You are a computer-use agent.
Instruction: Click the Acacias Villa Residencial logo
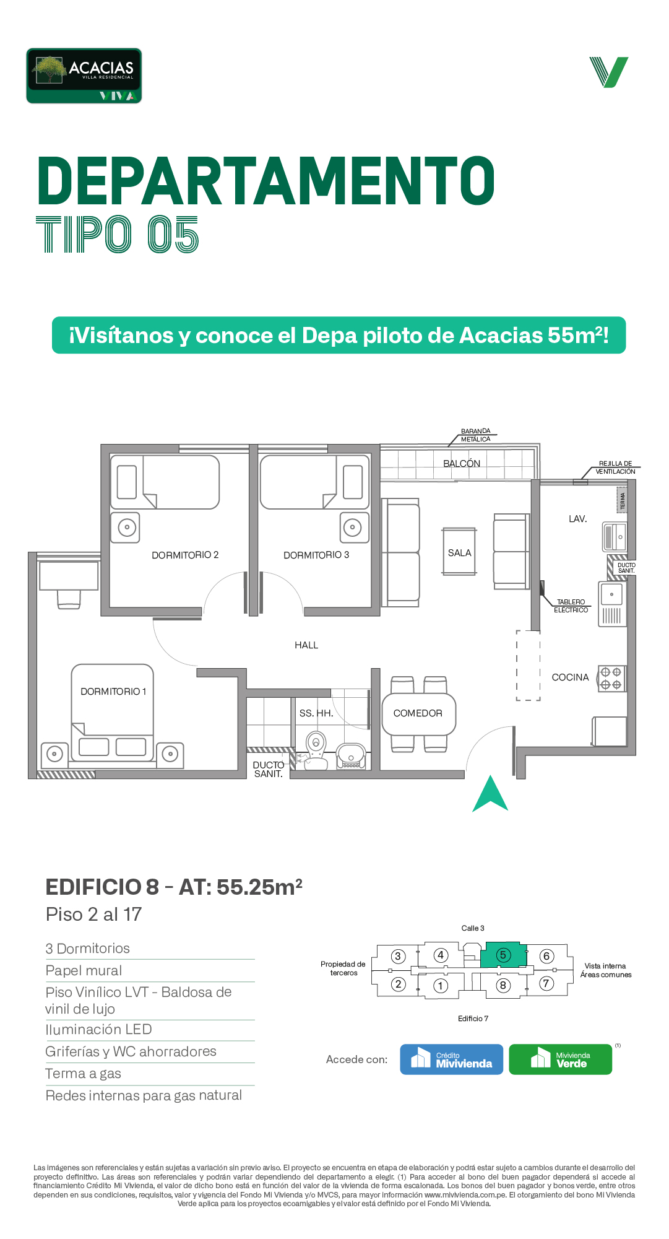84,76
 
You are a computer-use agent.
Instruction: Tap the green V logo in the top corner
609,72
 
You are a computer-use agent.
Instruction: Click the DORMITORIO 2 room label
185,555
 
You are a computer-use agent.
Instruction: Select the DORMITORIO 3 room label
316,555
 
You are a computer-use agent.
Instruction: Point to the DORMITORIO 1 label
113,691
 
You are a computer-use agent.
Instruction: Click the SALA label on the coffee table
459,552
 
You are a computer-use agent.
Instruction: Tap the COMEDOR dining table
418,714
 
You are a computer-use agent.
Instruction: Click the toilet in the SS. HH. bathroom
316,749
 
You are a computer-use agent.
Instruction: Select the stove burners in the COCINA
611,678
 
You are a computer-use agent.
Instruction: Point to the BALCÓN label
462,463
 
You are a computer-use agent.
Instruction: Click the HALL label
306,645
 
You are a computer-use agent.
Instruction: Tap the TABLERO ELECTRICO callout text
571,606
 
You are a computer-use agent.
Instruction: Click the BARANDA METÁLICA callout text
475,435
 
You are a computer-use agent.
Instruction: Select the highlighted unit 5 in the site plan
503,955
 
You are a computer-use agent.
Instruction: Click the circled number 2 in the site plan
398,984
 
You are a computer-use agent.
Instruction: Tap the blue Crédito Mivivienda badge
451,1059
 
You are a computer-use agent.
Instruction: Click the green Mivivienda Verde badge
560,1059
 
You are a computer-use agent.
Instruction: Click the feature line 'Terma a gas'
83,1073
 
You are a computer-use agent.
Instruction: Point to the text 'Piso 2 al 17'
93,914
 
